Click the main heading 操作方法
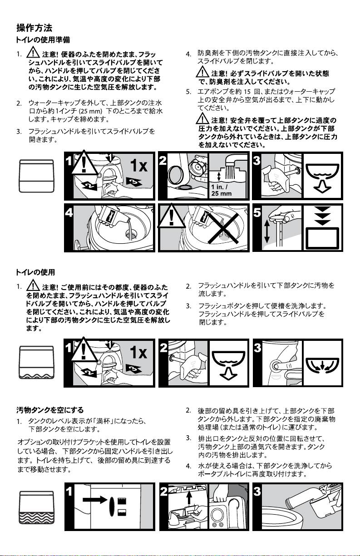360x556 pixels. [x=34, y=28]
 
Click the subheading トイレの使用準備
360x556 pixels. [x=43, y=40]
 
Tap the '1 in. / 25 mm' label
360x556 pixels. [x=221, y=190]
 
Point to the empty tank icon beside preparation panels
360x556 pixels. [x=36, y=176]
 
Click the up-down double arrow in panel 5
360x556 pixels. [x=267, y=231]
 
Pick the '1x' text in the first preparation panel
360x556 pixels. [x=139, y=165]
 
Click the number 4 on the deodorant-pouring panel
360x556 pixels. [x=69, y=213]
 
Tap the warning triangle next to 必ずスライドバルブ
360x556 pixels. [x=202, y=72]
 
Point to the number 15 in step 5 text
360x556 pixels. [x=247, y=92]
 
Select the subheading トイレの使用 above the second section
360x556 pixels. [x=35, y=272]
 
